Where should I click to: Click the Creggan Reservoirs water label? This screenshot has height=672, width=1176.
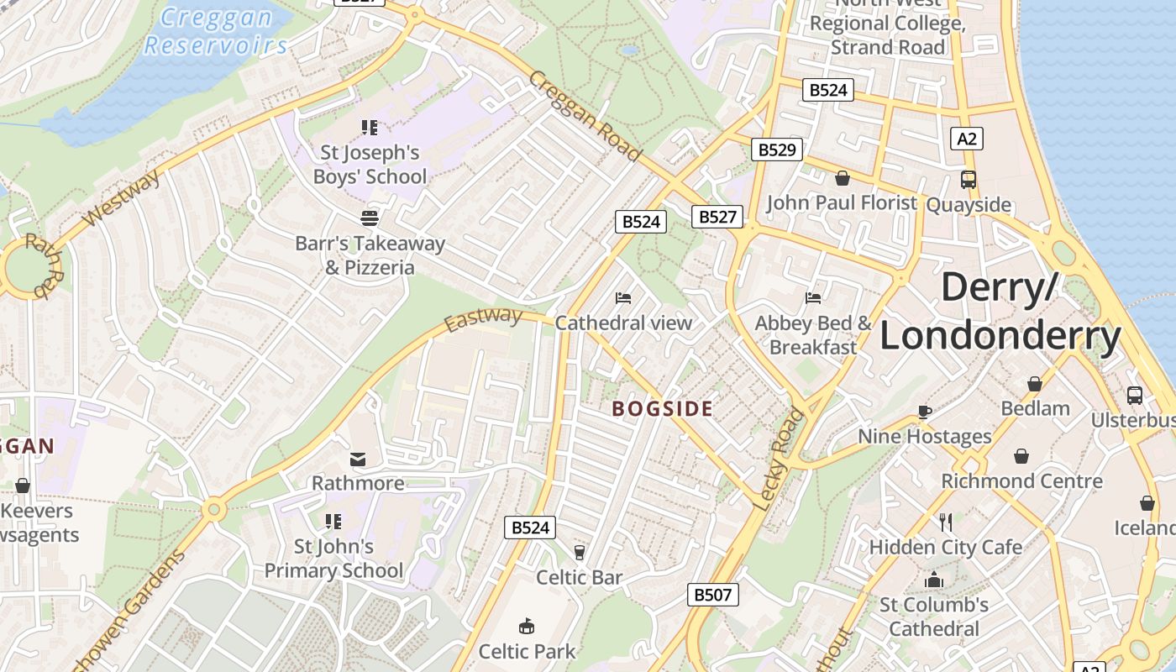click(x=216, y=31)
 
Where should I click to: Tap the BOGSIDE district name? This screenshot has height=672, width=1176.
click(x=662, y=409)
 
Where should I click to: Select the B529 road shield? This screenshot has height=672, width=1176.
click(x=776, y=150)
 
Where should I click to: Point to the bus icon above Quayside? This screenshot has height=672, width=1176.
click(x=969, y=179)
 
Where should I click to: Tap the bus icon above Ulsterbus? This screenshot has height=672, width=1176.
click(x=1134, y=395)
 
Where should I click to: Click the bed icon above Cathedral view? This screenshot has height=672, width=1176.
click(x=623, y=298)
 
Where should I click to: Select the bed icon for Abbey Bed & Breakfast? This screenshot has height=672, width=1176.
click(x=812, y=298)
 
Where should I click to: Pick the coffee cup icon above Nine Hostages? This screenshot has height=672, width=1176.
click(x=924, y=412)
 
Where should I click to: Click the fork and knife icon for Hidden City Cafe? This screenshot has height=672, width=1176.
click(x=946, y=522)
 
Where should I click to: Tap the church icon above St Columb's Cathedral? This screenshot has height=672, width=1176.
click(x=933, y=580)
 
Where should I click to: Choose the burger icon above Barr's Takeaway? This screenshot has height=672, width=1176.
click(x=369, y=218)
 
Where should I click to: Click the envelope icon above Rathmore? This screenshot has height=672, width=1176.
click(x=358, y=459)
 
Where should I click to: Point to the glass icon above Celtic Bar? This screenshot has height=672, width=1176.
click(x=579, y=552)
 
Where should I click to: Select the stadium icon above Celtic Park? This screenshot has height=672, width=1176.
click(x=527, y=626)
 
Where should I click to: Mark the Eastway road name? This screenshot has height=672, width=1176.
click(x=483, y=319)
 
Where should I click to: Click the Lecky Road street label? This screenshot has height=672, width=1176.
click(x=779, y=459)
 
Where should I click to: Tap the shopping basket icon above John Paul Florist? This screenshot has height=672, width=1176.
click(x=842, y=178)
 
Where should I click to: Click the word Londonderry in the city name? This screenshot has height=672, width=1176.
click(x=1000, y=336)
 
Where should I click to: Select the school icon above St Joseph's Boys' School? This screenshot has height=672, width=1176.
click(x=369, y=128)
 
